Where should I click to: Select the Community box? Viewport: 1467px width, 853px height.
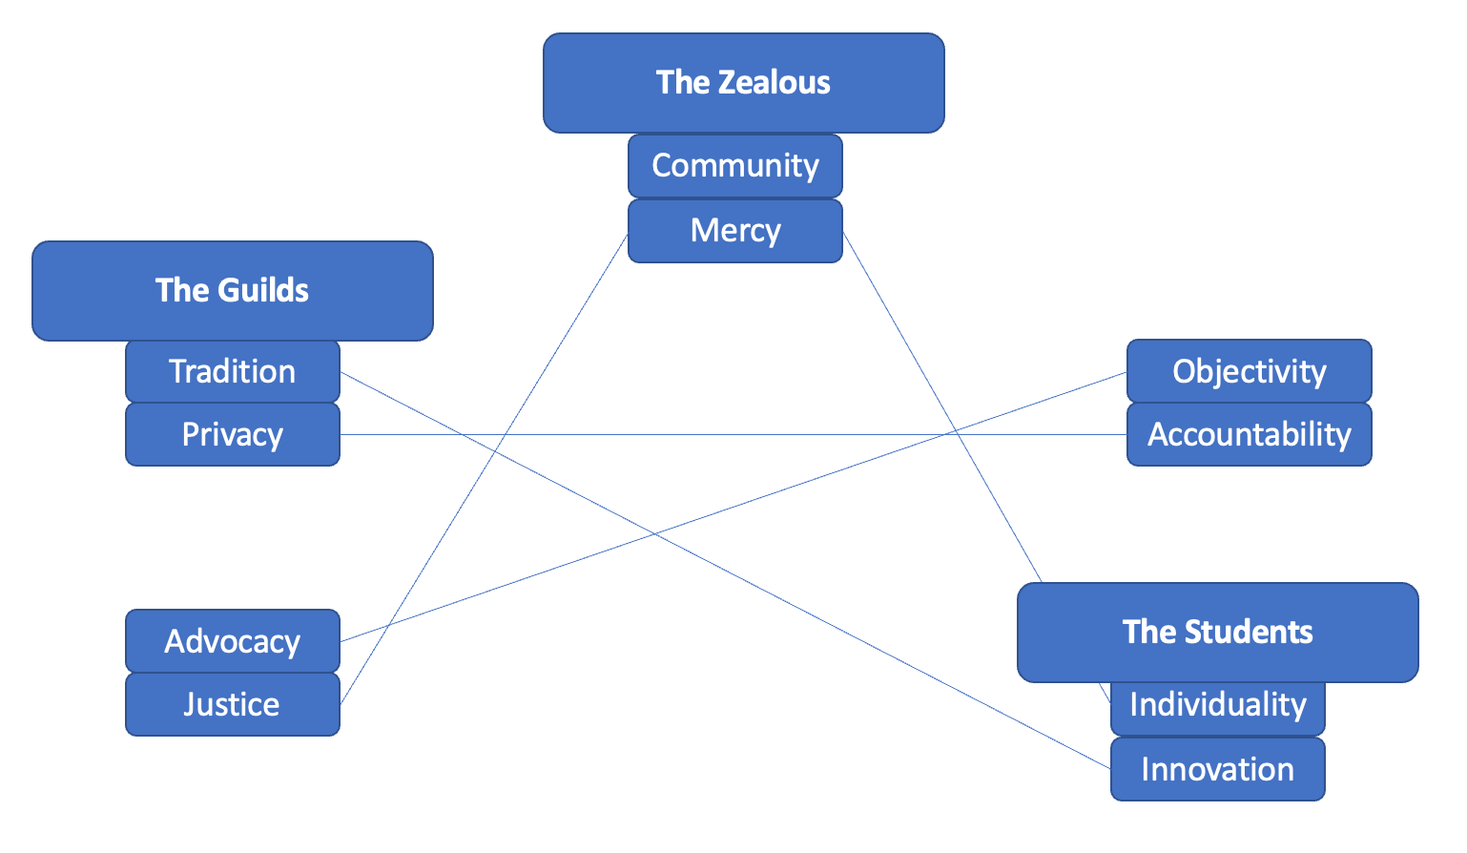pyautogui.click(x=734, y=166)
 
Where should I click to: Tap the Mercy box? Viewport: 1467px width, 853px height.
pyautogui.click(x=734, y=231)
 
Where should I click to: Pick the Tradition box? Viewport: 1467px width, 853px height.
pyautogui.click(x=232, y=371)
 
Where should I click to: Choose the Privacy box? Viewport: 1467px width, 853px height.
pyautogui.click(x=232, y=435)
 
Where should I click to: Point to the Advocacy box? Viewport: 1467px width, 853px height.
pyautogui.click(x=232, y=641)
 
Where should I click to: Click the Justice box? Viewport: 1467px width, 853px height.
pyautogui.click(x=232, y=705)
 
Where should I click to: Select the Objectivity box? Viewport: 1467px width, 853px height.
pyautogui.click(x=1249, y=371)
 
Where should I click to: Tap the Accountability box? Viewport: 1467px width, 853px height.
pyautogui.click(x=1249, y=435)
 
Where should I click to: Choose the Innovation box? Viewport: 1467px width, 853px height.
pyautogui.click(x=1217, y=769)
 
